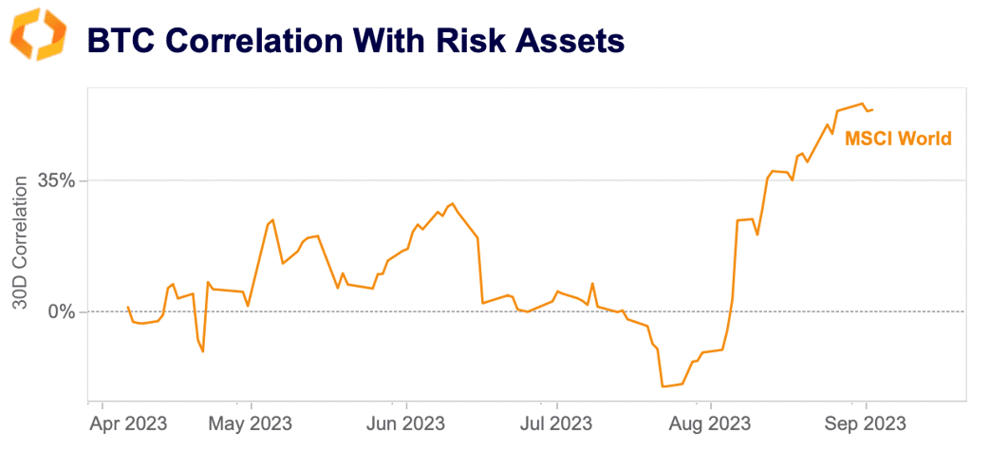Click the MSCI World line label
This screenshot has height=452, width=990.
(x=897, y=139)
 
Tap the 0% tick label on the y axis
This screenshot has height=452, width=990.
(x=62, y=311)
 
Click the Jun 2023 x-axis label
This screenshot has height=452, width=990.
(x=405, y=422)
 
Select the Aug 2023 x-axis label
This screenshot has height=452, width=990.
(x=710, y=422)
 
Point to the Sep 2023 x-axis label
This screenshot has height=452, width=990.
(x=865, y=422)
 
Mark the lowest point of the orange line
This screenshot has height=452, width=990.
(x=662, y=386)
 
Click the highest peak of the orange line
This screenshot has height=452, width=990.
(x=861, y=104)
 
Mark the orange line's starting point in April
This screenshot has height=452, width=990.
(x=128, y=307)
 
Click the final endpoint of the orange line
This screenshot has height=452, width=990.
(x=873, y=110)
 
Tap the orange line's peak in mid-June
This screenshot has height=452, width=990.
(x=453, y=203)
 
